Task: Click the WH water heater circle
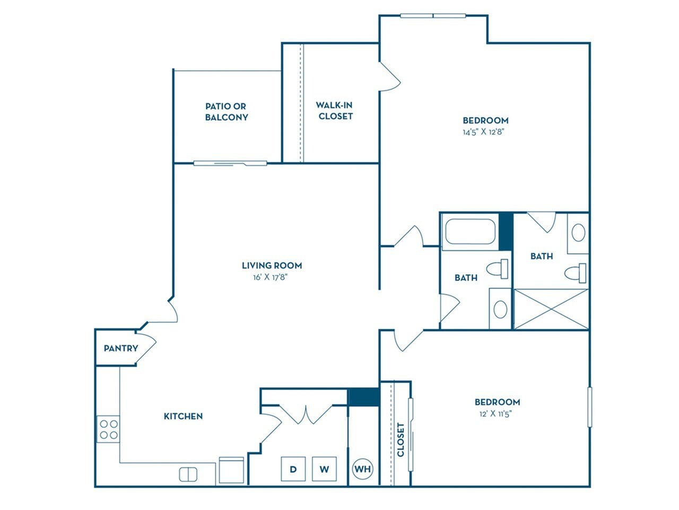pos(362,469)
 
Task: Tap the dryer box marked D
pos(293,469)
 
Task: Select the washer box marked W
pos(324,469)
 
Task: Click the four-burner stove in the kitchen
pos(108,429)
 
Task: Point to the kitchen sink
pos(188,474)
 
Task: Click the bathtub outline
pos(470,232)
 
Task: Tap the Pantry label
pos(121,348)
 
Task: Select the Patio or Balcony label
pos(227,112)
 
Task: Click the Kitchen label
pos(184,416)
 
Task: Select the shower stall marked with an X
pos(551,309)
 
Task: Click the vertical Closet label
pos(401,440)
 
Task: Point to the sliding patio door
pos(230,163)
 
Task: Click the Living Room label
pos(272,266)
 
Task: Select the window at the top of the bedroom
pos(433,15)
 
